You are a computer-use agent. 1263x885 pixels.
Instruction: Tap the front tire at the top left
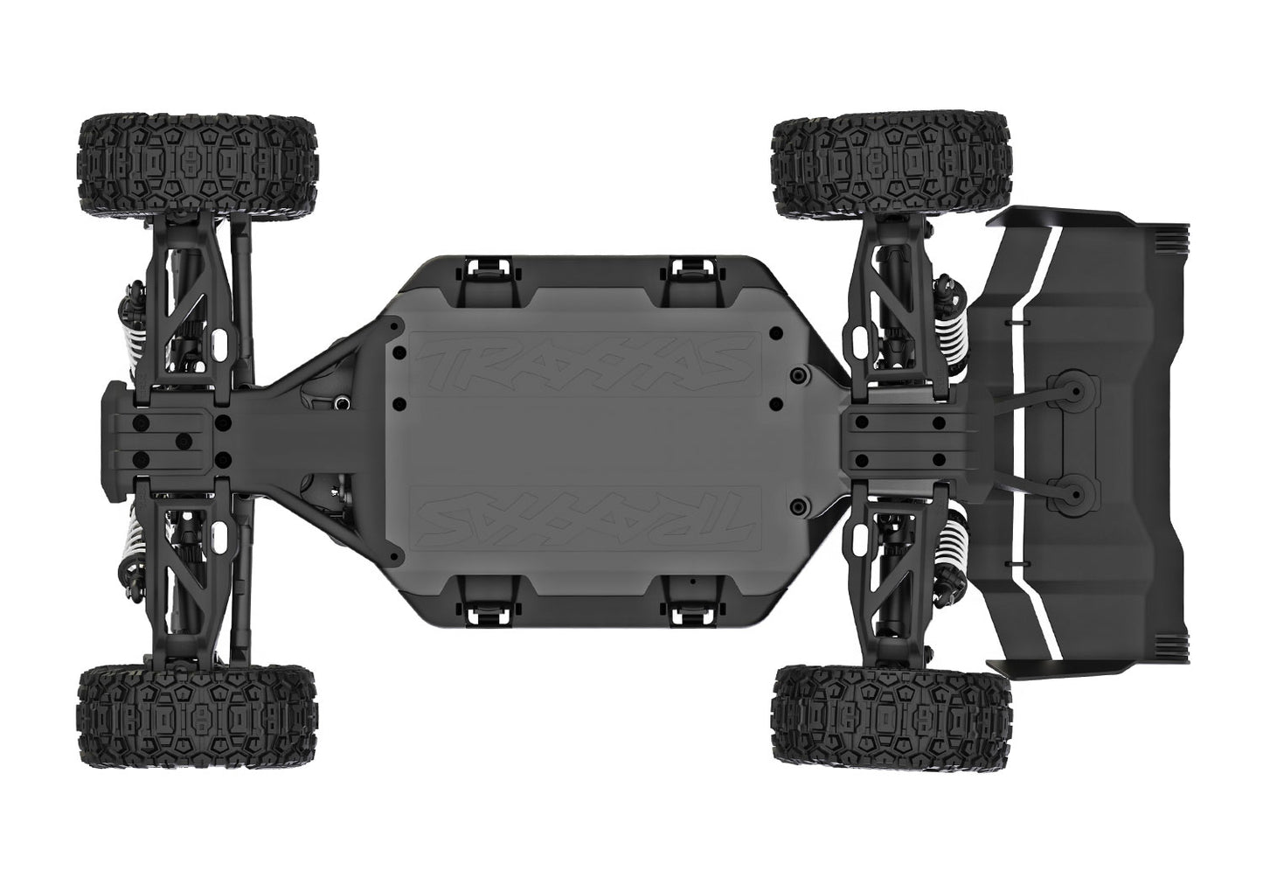click(x=198, y=164)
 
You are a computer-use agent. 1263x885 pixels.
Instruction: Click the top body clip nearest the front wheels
click(x=482, y=273)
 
